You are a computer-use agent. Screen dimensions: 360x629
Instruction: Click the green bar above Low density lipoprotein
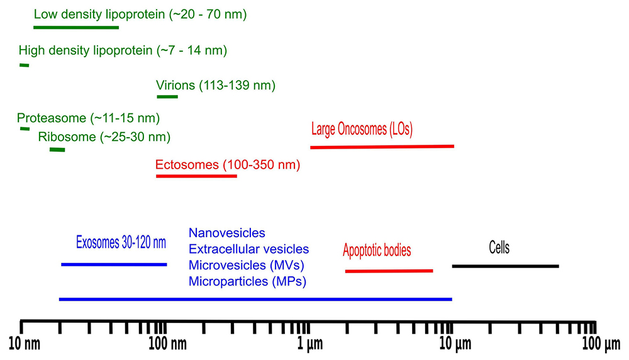tap(72, 28)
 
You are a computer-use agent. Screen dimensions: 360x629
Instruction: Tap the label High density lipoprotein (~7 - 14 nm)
tap(123, 50)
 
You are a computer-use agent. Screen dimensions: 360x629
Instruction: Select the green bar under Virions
tap(167, 96)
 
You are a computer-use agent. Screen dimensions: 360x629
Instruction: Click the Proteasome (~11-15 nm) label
tap(88, 118)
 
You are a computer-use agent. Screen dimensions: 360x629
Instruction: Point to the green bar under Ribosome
tap(57, 149)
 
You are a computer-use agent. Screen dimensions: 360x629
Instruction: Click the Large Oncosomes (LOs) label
tap(362, 130)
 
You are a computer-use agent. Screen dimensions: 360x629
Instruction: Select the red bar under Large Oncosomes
tap(382, 147)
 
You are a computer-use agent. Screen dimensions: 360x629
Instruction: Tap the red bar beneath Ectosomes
tap(196, 176)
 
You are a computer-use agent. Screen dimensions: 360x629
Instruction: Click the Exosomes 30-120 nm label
tap(121, 242)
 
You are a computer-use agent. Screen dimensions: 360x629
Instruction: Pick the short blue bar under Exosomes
tap(114, 264)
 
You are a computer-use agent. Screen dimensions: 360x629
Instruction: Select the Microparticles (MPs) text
tap(247, 281)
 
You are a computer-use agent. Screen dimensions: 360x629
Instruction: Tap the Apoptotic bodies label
tap(377, 250)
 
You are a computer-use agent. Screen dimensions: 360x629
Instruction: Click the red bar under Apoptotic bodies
tap(389, 271)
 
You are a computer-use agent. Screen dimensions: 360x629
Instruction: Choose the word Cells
tap(499, 247)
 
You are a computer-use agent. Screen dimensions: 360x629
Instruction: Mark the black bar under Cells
tap(505, 266)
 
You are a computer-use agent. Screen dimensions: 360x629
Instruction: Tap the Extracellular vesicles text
tap(248, 250)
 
